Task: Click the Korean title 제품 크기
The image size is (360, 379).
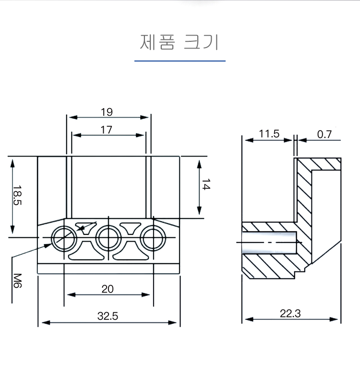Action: (x=180, y=42)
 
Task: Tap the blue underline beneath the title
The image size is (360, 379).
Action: (x=180, y=61)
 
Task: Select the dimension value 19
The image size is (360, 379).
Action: (x=107, y=112)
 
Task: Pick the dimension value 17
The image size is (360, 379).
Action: (x=107, y=130)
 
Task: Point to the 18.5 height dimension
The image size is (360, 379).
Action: (x=18, y=196)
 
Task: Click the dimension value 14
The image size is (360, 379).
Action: (x=205, y=184)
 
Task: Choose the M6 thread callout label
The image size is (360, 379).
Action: (x=18, y=280)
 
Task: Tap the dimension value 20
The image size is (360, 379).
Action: (x=108, y=289)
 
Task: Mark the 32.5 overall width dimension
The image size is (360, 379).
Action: (x=108, y=316)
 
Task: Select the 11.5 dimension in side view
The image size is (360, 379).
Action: (x=269, y=134)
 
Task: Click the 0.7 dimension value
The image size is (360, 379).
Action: (x=324, y=134)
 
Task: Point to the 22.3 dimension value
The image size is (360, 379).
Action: (x=290, y=314)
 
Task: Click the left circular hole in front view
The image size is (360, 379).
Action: (x=64, y=237)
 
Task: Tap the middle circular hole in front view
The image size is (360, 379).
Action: (x=108, y=237)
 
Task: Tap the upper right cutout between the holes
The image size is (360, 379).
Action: (x=131, y=226)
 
